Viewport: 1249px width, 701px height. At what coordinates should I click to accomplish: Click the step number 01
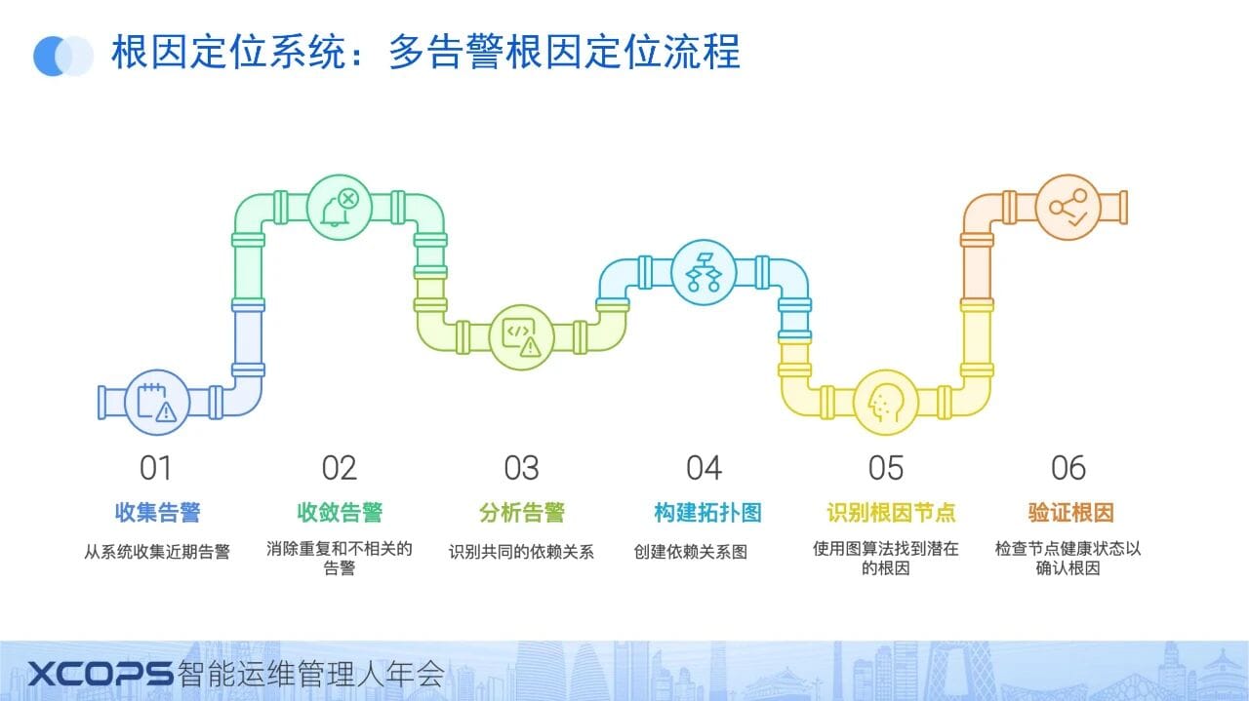tap(156, 468)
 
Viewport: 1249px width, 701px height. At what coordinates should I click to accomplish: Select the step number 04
tap(704, 468)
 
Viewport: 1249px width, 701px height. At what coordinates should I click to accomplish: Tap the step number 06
tap(1068, 468)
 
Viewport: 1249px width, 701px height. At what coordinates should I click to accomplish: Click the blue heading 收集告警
tap(157, 512)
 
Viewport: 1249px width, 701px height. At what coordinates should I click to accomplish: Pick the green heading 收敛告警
tap(340, 512)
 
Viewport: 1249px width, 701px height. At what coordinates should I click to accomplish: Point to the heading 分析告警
tap(522, 512)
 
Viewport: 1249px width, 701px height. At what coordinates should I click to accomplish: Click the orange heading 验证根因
tap(1070, 512)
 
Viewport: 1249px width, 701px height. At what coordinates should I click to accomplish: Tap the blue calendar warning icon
tap(157, 403)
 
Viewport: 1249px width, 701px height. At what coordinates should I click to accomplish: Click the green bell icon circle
tap(339, 207)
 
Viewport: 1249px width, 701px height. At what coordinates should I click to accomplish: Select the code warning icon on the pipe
tap(521, 336)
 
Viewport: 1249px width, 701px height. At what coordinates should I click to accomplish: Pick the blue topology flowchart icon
tap(704, 272)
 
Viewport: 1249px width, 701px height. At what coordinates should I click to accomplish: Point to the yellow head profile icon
tap(886, 402)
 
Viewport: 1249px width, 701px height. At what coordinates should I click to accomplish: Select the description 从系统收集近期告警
tap(157, 552)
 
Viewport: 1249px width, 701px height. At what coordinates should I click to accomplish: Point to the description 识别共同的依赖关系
tap(521, 552)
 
